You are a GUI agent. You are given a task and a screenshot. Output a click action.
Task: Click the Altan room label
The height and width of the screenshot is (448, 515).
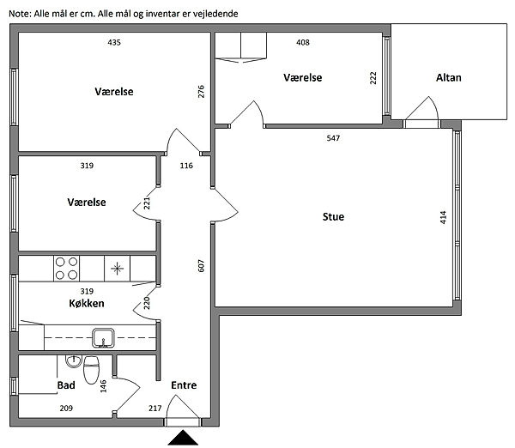tap(448, 78)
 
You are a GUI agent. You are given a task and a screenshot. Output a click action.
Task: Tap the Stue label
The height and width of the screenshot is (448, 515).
tap(333, 217)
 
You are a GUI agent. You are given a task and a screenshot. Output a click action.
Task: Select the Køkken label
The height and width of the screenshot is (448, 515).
tap(87, 303)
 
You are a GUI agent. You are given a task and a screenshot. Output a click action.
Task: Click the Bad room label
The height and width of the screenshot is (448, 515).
tap(66, 385)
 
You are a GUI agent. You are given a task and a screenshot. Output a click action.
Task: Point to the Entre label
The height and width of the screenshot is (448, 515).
tap(184, 385)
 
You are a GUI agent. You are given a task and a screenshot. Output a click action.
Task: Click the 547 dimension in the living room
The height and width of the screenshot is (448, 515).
tap(333, 138)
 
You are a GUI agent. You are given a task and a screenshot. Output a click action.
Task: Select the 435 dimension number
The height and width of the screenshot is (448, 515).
tap(114, 42)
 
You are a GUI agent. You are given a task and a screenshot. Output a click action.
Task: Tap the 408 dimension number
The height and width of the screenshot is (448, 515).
tap(302, 42)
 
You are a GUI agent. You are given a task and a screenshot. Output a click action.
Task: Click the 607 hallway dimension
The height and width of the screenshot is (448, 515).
tap(201, 266)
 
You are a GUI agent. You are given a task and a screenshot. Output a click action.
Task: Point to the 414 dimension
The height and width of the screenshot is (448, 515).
tap(443, 217)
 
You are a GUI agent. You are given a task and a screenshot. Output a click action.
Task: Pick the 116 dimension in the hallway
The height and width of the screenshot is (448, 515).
tap(186, 166)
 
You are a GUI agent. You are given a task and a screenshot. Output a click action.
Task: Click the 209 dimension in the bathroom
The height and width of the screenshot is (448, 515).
tap(66, 408)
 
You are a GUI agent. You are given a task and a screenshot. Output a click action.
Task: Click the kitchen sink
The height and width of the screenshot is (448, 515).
tap(103, 337)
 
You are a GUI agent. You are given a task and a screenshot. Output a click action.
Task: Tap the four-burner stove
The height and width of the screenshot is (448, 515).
tap(66, 269)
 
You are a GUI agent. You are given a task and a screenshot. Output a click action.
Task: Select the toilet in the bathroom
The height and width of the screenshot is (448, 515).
tap(91, 370)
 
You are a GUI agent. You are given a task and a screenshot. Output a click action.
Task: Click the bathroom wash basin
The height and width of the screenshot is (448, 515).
tap(73, 361)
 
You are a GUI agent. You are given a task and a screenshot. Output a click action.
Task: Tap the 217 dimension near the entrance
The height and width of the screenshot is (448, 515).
tap(155, 408)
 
